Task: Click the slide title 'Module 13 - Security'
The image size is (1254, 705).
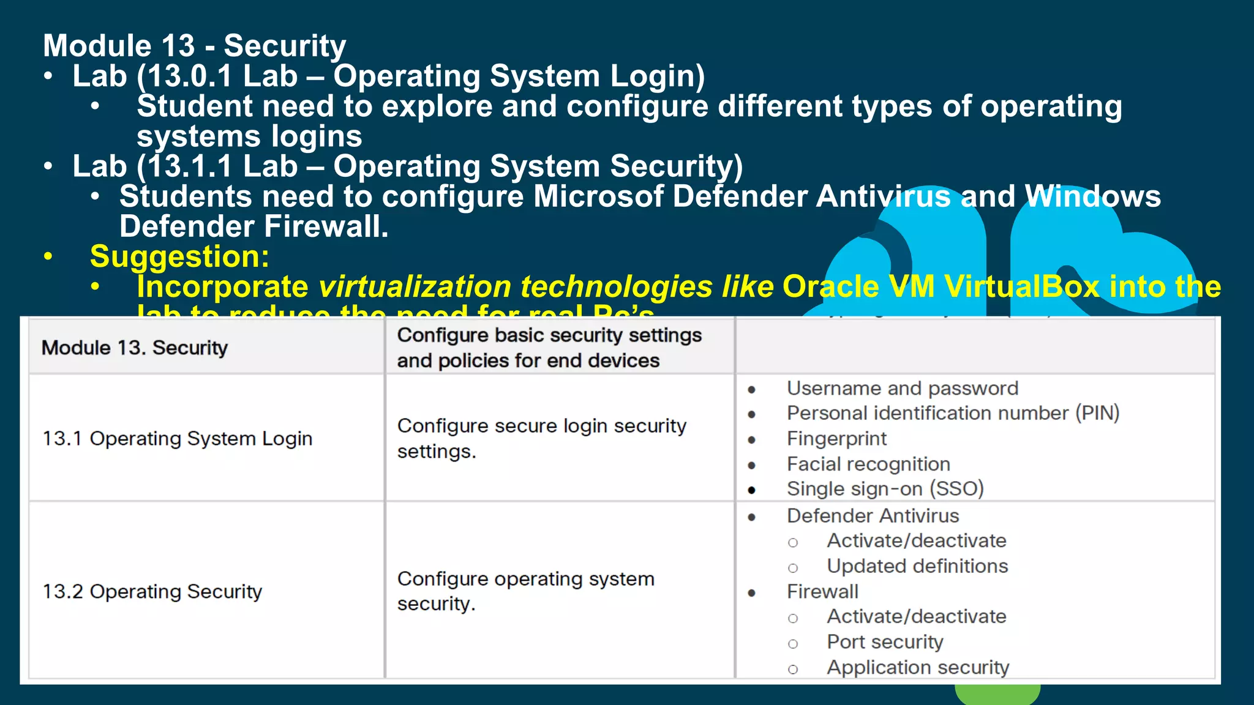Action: click(x=194, y=46)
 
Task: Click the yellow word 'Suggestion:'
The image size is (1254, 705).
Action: click(x=179, y=256)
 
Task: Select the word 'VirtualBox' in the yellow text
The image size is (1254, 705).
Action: click(x=1021, y=287)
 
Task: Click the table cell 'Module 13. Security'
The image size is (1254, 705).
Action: click(x=135, y=348)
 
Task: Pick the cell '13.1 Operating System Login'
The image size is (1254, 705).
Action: click(x=178, y=439)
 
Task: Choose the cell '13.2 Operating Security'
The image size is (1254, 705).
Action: click(x=152, y=592)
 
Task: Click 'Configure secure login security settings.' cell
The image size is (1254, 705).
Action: click(x=541, y=438)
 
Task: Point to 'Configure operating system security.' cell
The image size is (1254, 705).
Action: click(x=525, y=591)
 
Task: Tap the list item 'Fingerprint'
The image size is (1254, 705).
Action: click(x=836, y=439)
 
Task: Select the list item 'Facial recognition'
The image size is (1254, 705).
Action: click(x=868, y=464)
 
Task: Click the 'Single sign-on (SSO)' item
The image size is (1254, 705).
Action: click(x=885, y=489)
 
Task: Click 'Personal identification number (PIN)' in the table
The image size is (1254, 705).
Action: click(x=953, y=413)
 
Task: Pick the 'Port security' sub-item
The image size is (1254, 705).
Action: click(x=885, y=642)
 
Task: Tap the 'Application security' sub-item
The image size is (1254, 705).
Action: click(x=918, y=668)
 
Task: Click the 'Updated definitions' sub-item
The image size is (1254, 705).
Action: click(x=917, y=566)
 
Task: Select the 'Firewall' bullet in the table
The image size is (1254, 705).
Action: click(x=822, y=592)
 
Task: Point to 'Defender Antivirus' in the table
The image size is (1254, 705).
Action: click(x=873, y=516)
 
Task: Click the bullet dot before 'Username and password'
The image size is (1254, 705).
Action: click(x=752, y=390)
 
